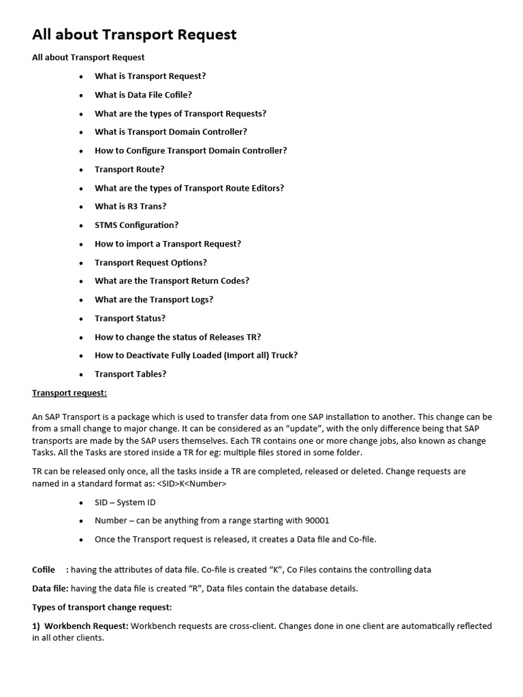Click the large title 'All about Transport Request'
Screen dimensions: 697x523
(x=134, y=35)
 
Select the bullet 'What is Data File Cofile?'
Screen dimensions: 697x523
(x=143, y=95)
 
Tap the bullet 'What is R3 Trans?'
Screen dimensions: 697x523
(x=130, y=206)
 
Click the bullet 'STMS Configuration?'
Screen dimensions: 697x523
(x=136, y=225)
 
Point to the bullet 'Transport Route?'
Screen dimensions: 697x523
(x=129, y=169)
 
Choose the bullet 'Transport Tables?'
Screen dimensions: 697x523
(x=130, y=374)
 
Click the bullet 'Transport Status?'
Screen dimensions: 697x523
(x=130, y=318)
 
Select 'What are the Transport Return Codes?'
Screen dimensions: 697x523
(x=172, y=280)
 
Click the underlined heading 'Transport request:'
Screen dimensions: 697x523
(x=69, y=393)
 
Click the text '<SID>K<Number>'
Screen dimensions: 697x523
(x=192, y=483)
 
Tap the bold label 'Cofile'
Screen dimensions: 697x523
(x=44, y=569)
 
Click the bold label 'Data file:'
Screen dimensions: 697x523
(x=50, y=588)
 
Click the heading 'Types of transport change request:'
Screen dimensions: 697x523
(x=102, y=606)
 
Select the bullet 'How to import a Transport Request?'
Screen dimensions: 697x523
(x=168, y=244)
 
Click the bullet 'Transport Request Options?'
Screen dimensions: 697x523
(x=150, y=262)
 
